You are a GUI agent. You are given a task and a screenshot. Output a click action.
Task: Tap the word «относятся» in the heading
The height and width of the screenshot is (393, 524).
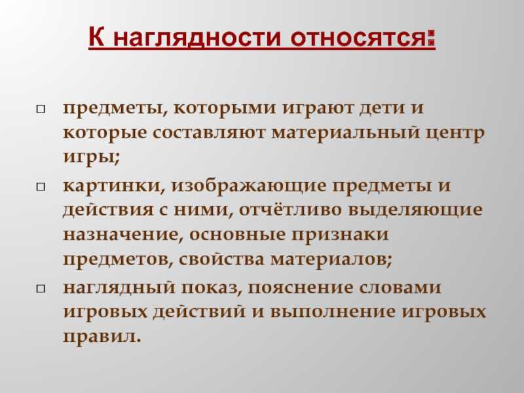[358, 38]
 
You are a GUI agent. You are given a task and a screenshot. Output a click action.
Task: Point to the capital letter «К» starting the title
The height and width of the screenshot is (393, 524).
[96, 37]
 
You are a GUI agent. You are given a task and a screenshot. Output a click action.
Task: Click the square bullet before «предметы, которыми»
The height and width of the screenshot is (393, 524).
[41, 109]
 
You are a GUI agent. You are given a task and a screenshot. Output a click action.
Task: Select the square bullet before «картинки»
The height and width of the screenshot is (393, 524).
[41, 187]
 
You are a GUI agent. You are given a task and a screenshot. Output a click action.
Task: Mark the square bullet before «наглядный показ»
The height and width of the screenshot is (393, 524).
[41, 288]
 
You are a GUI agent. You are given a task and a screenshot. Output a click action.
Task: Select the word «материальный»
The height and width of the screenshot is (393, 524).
[345, 133]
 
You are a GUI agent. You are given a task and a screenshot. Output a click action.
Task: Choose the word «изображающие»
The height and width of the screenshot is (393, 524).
[249, 187]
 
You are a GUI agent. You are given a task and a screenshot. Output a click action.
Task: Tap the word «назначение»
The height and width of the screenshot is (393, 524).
[123, 235]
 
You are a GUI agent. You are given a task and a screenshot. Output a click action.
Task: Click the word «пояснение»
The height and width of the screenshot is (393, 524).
[301, 288]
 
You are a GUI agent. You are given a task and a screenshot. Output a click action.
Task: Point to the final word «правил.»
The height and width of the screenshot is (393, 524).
[102, 337]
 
